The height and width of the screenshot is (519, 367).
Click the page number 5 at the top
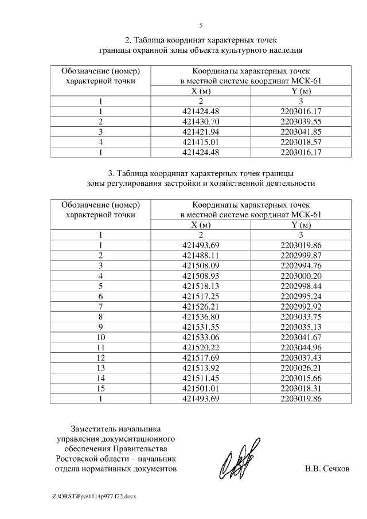point(201,25)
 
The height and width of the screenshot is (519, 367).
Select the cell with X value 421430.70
point(201,122)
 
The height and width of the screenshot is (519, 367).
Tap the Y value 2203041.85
point(301,132)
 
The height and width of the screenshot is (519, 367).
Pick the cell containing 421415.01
point(201,142)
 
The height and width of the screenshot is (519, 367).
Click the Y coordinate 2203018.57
point(301,142)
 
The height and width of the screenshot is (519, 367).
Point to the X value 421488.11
point(201,255)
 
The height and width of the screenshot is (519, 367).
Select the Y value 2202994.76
point(301,266)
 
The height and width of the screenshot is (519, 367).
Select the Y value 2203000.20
point(301,275)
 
